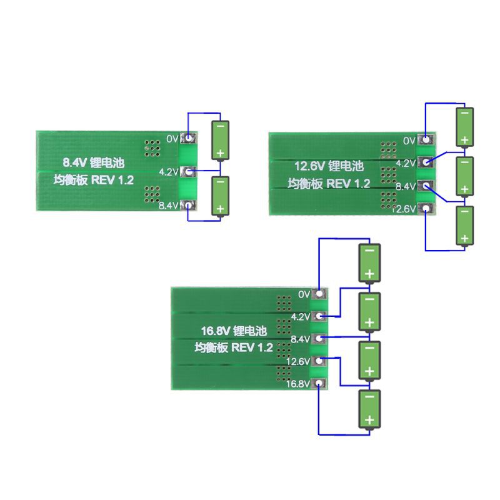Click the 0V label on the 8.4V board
(x=172, y=137)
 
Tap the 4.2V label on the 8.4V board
(x=169, y=171)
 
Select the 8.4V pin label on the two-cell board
(x=169, y=205)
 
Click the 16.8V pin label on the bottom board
(x=298, y=384)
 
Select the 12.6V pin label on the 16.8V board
(x=298, y=362)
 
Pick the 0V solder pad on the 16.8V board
(x=319, y=294)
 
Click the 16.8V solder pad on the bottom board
(x=319, y=384)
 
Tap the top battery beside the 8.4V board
(x=220, y=141)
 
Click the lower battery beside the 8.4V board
(x=220, y=196)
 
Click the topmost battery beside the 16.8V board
(x=369, y=262)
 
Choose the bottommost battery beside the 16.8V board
(x=369, y=409)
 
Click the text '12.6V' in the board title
(x=310, y=167)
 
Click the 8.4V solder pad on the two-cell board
(x=189, y=205)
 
